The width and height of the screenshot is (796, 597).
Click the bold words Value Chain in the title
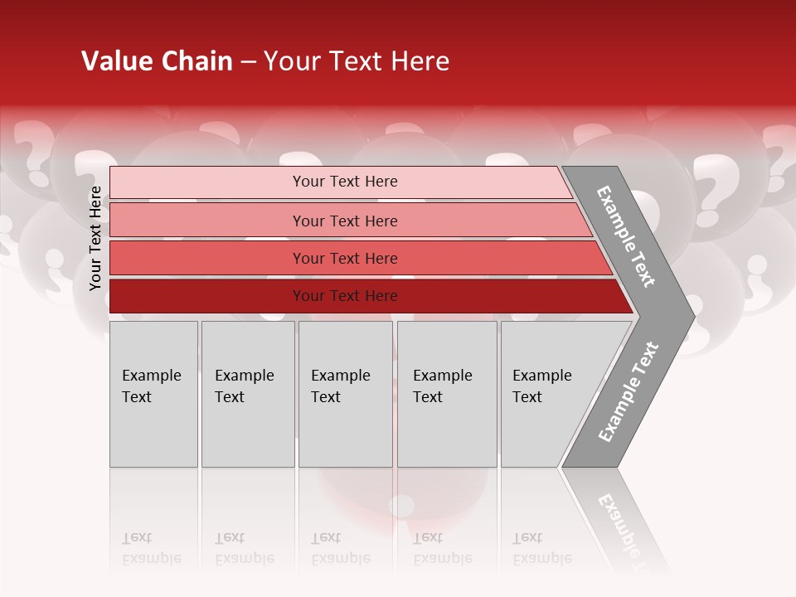(157, 61)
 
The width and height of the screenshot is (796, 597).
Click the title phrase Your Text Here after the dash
(357, 61)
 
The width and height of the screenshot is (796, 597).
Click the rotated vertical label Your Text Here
(95, 239)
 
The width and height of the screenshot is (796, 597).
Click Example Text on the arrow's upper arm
(626, 236)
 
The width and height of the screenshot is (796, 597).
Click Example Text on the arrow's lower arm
(628, 392)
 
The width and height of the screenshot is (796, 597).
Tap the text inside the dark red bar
(345, 296)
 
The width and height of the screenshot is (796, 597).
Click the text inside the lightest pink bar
(345, 182)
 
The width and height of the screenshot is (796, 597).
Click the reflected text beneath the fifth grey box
(541, 548)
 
